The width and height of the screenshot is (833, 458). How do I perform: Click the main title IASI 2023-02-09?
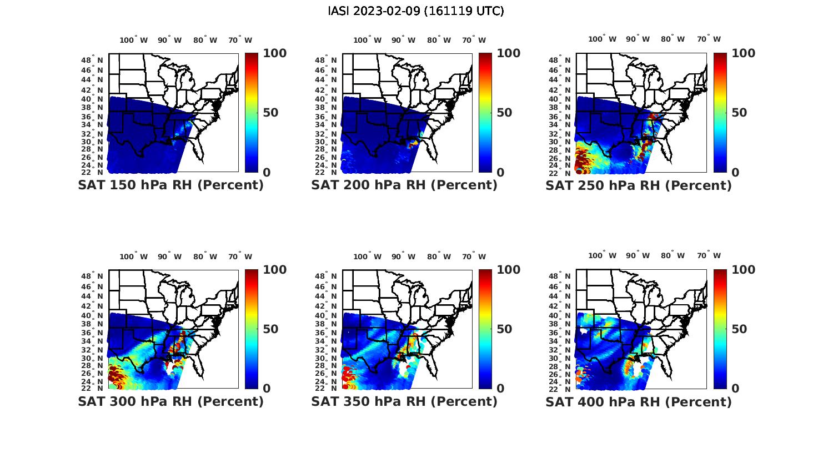point(416,11)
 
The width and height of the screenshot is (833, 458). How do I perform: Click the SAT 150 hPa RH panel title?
point(170,185)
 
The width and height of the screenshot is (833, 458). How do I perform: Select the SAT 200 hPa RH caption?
point(404,185)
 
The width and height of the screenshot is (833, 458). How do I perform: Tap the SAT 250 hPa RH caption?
point(639,185)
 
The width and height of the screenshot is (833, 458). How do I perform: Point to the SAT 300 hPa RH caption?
point(170,401)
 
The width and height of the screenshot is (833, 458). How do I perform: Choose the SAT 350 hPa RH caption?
point(404,401)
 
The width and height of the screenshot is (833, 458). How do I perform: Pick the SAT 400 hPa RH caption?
point(639,401)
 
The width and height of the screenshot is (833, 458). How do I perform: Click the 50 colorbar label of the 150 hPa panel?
point(270,113)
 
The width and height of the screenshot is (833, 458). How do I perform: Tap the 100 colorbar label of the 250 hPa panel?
point(743,53)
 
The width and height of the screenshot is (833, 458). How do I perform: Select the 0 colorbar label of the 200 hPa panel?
point(500,173)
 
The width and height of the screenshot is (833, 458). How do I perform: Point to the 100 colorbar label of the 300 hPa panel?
point(274,270)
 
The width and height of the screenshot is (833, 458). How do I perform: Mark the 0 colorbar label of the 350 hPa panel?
point(500,389)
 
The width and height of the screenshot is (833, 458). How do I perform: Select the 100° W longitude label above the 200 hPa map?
point(368,40)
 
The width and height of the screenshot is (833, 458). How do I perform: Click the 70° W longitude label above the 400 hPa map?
point(709,255)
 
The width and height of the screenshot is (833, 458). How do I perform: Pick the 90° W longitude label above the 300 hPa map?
point(169,256)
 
